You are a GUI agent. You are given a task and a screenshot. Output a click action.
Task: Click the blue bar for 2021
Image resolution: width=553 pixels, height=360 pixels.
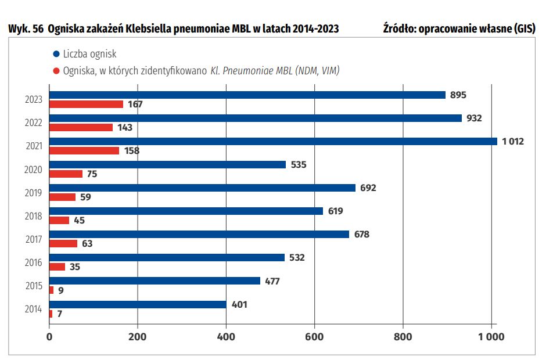(273, 141)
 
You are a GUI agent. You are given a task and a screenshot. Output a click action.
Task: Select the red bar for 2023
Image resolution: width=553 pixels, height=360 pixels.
(86, 105)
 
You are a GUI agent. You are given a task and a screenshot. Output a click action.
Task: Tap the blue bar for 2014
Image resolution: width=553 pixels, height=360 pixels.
(138, 304)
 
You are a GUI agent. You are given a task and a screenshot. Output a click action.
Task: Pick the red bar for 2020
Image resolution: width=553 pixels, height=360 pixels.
(66, 174)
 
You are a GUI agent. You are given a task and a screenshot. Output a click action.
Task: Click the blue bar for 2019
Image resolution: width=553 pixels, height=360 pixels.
(202, 188)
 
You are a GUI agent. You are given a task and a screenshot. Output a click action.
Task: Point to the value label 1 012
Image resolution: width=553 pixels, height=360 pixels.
(513, 141)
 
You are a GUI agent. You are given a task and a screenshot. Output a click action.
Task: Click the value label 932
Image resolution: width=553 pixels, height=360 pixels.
(474, 118)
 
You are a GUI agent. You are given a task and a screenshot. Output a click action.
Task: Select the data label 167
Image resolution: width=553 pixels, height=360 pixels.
(135, 105)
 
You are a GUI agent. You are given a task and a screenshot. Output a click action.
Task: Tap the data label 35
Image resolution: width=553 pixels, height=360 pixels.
(74, 267)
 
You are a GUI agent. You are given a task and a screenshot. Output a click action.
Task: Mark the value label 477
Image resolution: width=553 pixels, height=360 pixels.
(272, 281)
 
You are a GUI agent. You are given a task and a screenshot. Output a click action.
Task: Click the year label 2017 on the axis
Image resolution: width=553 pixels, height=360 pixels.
(34, 239)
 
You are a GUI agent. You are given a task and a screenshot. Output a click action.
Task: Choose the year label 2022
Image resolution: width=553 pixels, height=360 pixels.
(34, 123)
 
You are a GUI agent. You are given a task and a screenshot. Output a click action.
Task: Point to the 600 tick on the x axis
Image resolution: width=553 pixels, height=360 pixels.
(314, 336)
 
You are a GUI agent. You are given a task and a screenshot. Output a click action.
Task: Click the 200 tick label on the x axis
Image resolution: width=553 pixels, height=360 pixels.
(138, 336)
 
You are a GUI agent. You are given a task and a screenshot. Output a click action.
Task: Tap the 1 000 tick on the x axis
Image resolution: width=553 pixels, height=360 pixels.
(491, 336)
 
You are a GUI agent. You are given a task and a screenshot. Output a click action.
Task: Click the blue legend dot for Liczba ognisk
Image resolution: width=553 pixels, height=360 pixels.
(56, 54)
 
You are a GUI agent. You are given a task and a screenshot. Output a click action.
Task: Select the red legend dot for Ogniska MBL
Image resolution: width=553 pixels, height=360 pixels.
(56, 71)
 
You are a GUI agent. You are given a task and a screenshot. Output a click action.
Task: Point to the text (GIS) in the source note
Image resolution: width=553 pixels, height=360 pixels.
(520, 28)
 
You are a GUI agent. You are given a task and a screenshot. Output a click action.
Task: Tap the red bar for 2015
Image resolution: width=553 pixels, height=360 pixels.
(51, 290)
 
